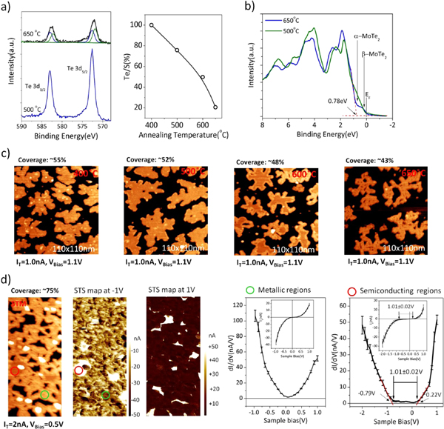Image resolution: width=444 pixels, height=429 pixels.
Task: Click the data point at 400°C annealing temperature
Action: pyautogui.click(x=152, y=25)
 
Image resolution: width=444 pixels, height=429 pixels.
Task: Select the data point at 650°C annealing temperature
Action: pyautogui.click(x=215, y=107)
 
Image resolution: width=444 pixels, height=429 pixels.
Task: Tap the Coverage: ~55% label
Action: pyautogui.click(x=42, y=140)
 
